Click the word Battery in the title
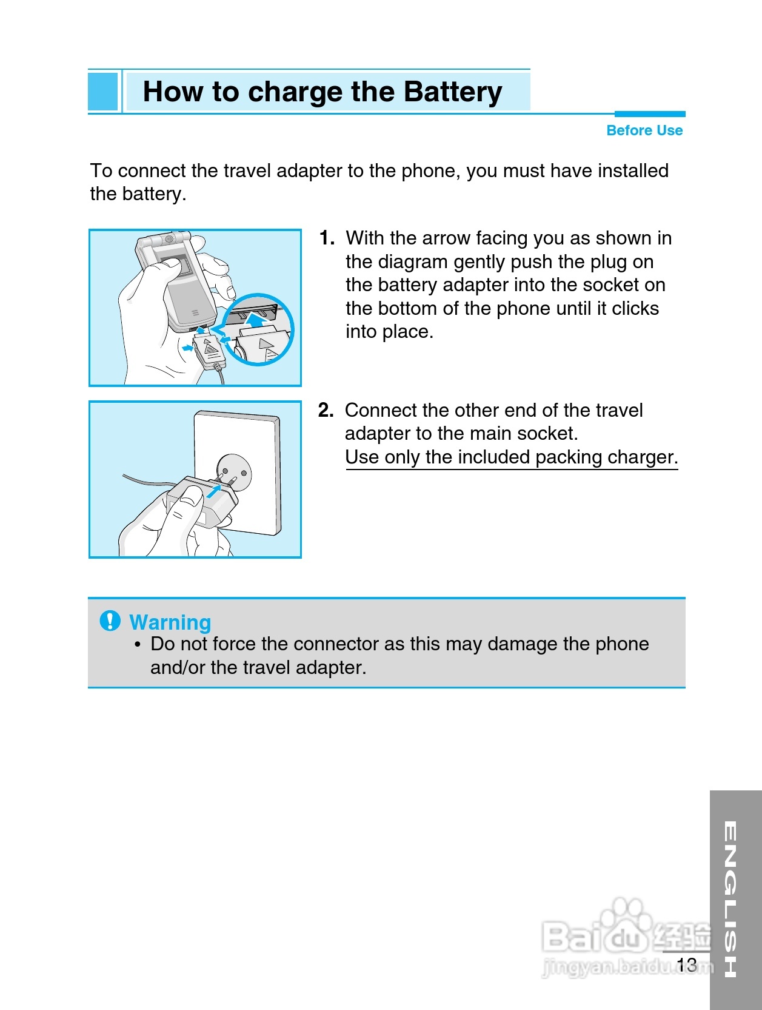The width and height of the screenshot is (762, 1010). (452, 92)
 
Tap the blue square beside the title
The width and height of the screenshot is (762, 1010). (103, 91)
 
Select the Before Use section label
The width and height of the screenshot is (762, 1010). (644, 130)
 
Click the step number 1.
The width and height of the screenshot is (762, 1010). (327, 238)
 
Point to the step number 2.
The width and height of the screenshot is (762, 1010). (326, 410)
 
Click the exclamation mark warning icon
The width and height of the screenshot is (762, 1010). (110, 621)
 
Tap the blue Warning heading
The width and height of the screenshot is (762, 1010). (170, 622)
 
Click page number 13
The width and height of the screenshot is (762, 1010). (687, 965)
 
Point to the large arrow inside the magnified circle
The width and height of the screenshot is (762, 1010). (256, 319)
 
